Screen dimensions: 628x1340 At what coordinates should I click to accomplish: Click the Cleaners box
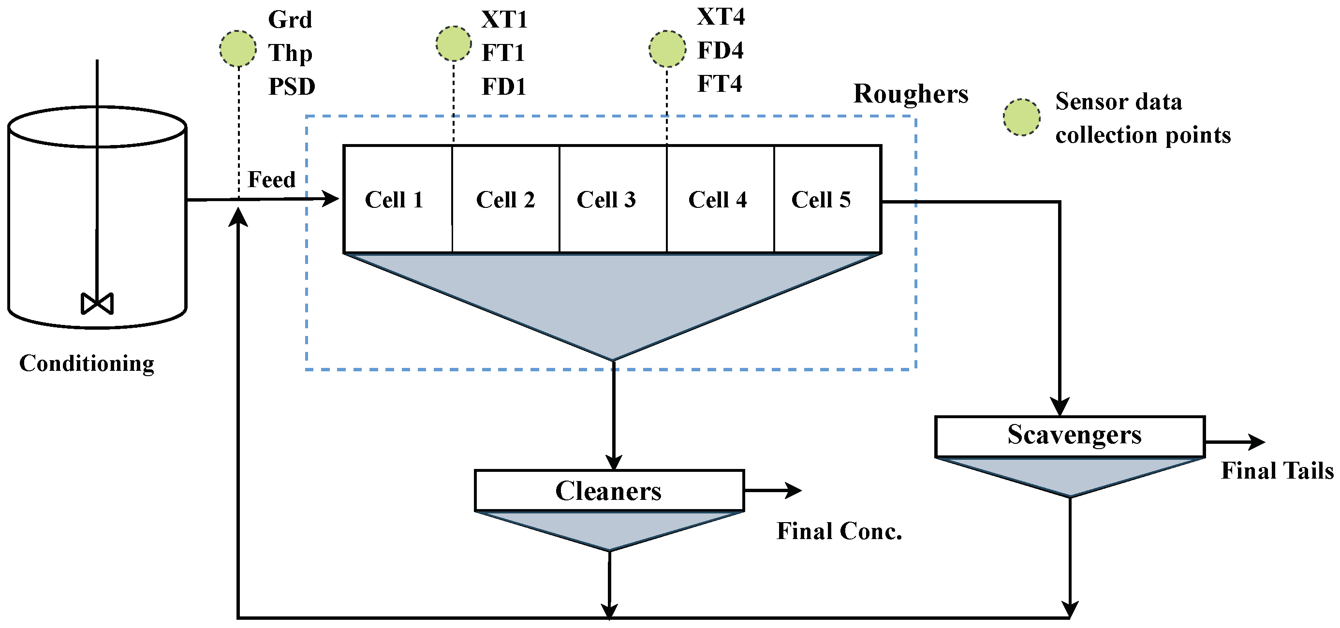[609, 491]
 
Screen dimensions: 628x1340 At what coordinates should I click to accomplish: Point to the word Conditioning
[87, 364]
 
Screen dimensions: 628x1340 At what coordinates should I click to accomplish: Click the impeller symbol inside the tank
[97, 304]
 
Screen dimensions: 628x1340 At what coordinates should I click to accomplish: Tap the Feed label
[271, 179]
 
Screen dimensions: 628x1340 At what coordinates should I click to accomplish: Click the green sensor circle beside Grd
[238, 49]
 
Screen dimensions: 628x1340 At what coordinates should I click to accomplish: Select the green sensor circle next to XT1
[454, 44]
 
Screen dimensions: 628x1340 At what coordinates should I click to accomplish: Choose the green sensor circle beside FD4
[667, 49]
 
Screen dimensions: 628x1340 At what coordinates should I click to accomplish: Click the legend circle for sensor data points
[1022, 117]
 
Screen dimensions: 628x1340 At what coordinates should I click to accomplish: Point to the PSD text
[291, 87]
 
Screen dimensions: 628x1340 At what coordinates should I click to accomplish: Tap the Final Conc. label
[839, 531]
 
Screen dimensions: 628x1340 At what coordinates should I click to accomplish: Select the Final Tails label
[1277, 471]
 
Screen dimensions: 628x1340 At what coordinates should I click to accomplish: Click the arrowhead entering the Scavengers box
[1060, 407]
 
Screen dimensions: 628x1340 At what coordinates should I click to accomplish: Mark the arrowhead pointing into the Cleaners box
[614, 462]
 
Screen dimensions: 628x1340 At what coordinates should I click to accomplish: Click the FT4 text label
[720, 84]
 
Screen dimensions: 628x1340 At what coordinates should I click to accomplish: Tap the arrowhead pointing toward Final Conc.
[793, 490]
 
